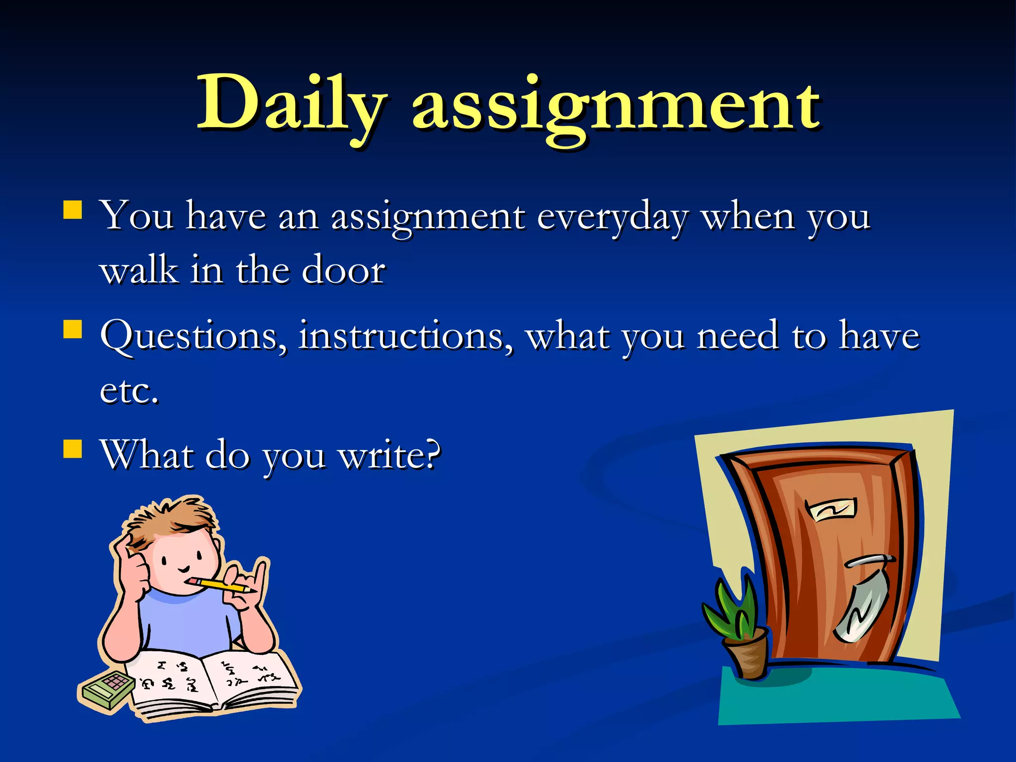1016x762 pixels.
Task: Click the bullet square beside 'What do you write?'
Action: tap(73, 448)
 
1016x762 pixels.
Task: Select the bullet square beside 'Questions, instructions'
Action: tap(73, 329)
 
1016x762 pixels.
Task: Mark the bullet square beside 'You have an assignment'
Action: tap(73, 210)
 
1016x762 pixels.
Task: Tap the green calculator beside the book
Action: tap(107, 690)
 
